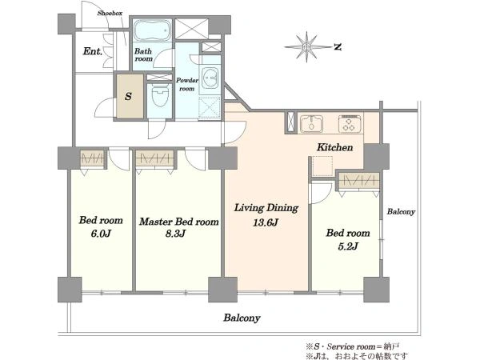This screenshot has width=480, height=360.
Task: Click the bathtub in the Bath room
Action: click(x=152, y=30)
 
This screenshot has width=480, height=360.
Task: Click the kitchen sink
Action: click(x=311, y=123)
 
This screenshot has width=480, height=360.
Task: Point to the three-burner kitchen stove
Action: click(x=350, y=123)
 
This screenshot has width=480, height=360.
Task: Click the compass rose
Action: click(x=306, y=47)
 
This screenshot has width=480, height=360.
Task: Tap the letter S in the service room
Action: click(x=128, y=97)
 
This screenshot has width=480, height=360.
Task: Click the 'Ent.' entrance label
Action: click(x=93, y=51)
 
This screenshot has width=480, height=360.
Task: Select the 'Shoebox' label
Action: click(x=110, y=13)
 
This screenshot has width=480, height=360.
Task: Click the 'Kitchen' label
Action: click(x=334, y=147)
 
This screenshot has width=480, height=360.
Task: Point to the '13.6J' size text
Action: click(x=265, y=222)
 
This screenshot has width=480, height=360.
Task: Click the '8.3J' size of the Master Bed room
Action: click(x=175, y=234)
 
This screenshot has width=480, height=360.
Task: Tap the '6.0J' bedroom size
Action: click(x=101, y=234)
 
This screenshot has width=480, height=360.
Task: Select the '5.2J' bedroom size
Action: click(x=348, y=246)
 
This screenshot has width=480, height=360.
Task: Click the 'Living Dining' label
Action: click(x=266, y=208)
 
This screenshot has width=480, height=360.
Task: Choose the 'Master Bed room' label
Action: click(x=178, y=222)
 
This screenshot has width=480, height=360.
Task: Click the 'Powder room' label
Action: click(x=187, y=84)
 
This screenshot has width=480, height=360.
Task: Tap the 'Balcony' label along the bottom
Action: click(x=242, y=318)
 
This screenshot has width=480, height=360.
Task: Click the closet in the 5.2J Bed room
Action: click(x=358, y=181)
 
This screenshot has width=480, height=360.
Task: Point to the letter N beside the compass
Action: click(x=338, y=47)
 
